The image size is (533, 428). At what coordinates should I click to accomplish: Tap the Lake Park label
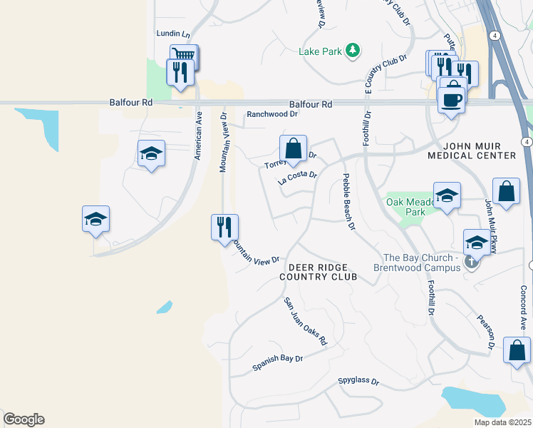tap(320, 51)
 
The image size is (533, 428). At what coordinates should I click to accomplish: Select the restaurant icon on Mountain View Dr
tap(224, 228)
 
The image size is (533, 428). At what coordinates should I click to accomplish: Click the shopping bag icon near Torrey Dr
tap(293, 148)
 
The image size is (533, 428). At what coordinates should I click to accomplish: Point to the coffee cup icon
tap(452, 98)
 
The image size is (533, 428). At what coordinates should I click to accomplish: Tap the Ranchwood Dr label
tap(271, 114)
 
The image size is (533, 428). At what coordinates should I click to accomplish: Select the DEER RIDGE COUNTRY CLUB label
tap(317, 270)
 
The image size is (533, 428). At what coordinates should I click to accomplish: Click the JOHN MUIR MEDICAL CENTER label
tap(471, 151)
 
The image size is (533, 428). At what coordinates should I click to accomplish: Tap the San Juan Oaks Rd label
tap(305, 322)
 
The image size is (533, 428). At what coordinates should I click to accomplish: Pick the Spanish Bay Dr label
tap(278, 363)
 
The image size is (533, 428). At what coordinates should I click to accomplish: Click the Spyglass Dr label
tap(358, 382)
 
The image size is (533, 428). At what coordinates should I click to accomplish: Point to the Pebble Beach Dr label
tap(349, 203)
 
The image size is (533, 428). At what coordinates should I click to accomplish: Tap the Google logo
tap(24, 419)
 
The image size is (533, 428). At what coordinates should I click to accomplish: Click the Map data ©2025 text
tap(502, 422)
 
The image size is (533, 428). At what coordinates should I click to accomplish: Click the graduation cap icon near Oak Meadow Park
tap(447, 195)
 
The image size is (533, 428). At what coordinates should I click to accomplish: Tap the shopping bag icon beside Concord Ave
tap(517, 350)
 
